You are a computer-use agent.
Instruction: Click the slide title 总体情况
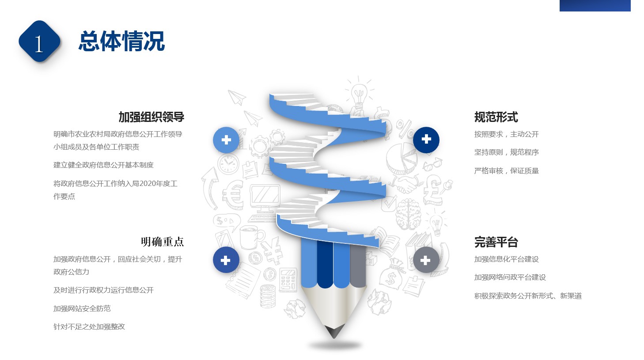(x=121, y=41)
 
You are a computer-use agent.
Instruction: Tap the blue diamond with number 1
(x=39, y=41)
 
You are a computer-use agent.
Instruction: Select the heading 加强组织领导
(x=151, y=117)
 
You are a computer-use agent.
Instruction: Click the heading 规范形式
(x=496, y=117)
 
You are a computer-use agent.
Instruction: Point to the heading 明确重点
(x=162, y=242)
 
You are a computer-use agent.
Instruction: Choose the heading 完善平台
(x=496, y=242)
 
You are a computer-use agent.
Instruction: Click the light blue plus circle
(x=226, y=140)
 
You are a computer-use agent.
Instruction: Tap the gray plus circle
(x=426, y=260)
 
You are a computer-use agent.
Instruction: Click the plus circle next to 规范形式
(x=426, y=140)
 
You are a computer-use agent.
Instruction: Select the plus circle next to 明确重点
(x=226, y=260)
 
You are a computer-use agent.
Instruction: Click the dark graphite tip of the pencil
(x=334, y=332)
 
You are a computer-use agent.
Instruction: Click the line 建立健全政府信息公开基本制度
(x=103, y=165)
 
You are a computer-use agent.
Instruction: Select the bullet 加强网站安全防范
(x=82, y=308)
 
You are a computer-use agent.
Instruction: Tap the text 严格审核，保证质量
(x=506, y=171)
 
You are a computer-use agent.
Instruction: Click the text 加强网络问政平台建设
(x=510, y=277)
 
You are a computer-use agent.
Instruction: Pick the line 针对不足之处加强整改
(x=89, y=326)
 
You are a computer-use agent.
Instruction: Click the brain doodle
(x=408, y=214)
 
